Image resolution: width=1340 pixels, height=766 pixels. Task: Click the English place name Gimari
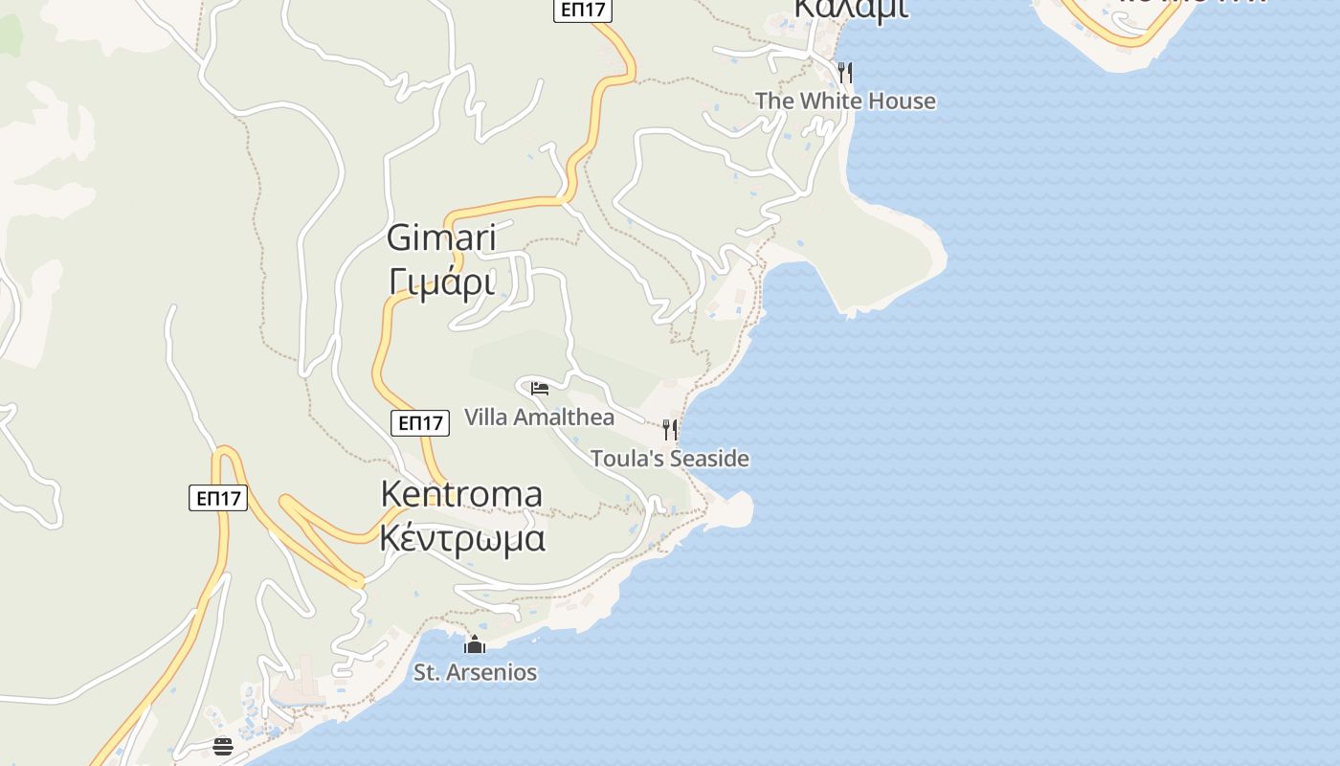441,237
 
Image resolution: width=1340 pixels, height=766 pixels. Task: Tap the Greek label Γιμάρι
441,282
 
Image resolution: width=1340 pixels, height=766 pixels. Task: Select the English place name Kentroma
461,494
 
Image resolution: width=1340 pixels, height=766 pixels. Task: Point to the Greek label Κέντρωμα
462,538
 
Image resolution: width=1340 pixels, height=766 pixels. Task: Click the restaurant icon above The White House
844,72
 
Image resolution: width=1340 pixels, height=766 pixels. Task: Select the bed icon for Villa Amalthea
540,389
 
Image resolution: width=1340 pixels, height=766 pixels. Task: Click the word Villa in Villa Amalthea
486,417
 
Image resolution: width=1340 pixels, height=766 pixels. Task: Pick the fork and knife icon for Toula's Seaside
670,429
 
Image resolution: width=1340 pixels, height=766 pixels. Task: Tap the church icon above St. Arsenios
475,644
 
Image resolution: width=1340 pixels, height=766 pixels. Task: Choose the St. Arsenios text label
475,672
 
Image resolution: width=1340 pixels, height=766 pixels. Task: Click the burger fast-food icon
223,746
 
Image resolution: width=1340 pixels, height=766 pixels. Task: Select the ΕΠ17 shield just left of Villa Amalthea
421,422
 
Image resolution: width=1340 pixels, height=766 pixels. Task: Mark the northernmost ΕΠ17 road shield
583,10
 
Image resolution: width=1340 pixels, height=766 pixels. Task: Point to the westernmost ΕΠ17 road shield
218,498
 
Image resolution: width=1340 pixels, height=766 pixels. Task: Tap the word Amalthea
564,417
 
